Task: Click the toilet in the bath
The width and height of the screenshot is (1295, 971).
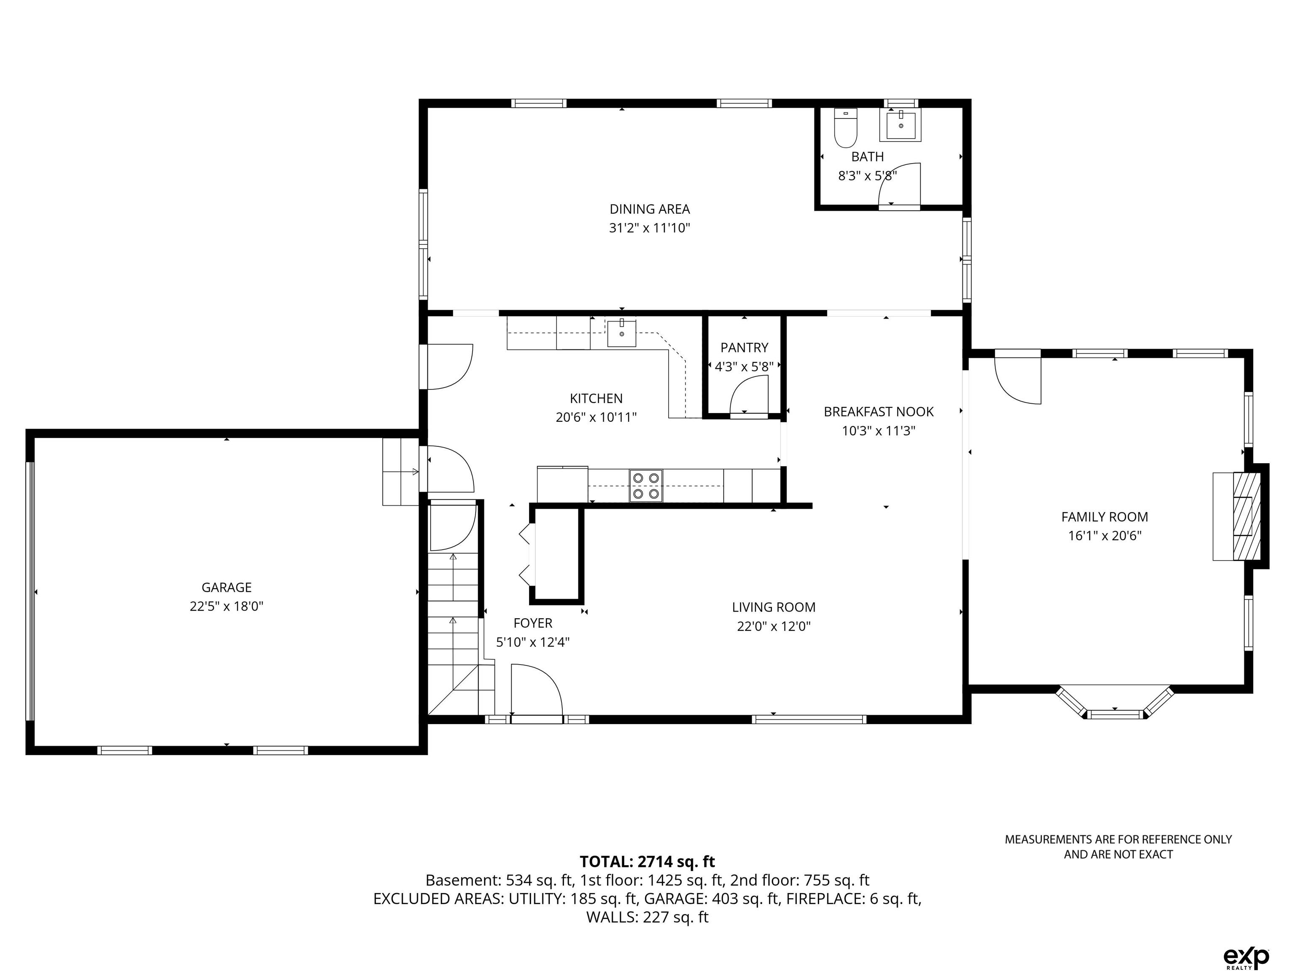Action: point(845,128)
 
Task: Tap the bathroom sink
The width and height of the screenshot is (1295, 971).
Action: point(900,125)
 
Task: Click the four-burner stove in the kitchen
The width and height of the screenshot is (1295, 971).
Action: point(646,486)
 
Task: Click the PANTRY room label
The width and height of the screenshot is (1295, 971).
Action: point(744,348)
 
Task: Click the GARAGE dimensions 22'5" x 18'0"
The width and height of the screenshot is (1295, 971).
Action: point(226,606)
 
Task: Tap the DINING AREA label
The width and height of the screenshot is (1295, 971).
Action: point(650,209)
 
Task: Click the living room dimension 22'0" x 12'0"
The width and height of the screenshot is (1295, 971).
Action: point(774,626)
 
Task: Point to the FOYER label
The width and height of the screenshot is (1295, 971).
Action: point(533,623)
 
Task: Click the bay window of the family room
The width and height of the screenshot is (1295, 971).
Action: point(1115,703)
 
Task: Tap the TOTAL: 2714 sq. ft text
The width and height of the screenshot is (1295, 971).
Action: point(647,861)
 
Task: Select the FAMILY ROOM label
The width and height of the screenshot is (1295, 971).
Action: point(1105,517)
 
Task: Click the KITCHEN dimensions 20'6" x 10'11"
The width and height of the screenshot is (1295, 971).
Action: point(596,417)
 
